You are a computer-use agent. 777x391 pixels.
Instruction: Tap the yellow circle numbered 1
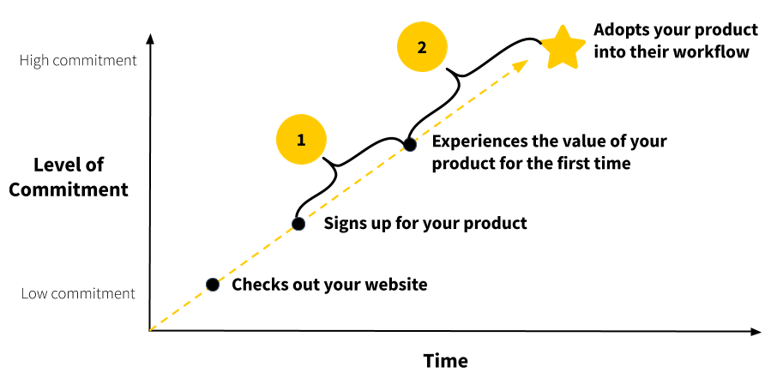click(x=301, y=140)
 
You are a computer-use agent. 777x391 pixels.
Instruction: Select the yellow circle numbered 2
click(x=421, y=48)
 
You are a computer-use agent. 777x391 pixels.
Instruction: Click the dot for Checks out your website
click(x=212, y=285)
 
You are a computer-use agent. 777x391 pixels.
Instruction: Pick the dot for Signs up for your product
click(x=298, y=224)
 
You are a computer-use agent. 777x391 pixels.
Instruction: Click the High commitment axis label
click(x=78, y=61)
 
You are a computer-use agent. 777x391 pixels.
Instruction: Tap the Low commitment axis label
click(x=78, y=293)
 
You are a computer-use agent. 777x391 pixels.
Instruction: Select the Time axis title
click(x=446, y=360)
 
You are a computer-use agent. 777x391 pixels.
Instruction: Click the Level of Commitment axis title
click(x=69, y=177)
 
